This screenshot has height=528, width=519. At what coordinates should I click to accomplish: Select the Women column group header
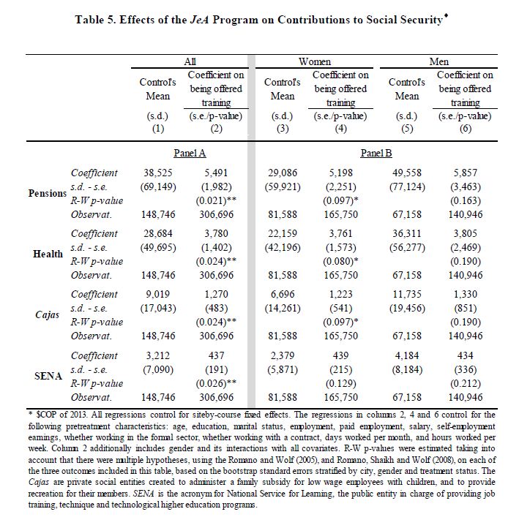pos(315,62)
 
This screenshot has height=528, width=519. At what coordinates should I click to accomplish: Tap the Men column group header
pos(439,62)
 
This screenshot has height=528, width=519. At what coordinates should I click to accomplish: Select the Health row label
pos(48,254)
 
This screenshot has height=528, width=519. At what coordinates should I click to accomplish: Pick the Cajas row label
pos(48,314)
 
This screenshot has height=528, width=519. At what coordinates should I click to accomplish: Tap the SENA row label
pos(48,375)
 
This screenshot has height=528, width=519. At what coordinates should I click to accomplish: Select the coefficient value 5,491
pos(216,173)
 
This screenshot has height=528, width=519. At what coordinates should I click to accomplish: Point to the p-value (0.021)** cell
pos(216,200)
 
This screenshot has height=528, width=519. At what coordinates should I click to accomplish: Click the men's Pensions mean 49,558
pos(408,173)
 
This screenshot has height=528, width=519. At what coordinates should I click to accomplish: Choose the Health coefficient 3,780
pos(216,233)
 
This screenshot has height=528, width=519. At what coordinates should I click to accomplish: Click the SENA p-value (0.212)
pos(465,382)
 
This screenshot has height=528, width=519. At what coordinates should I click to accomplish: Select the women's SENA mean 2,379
pos(283,355)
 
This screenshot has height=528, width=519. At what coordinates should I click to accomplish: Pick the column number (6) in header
pos(465,129)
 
